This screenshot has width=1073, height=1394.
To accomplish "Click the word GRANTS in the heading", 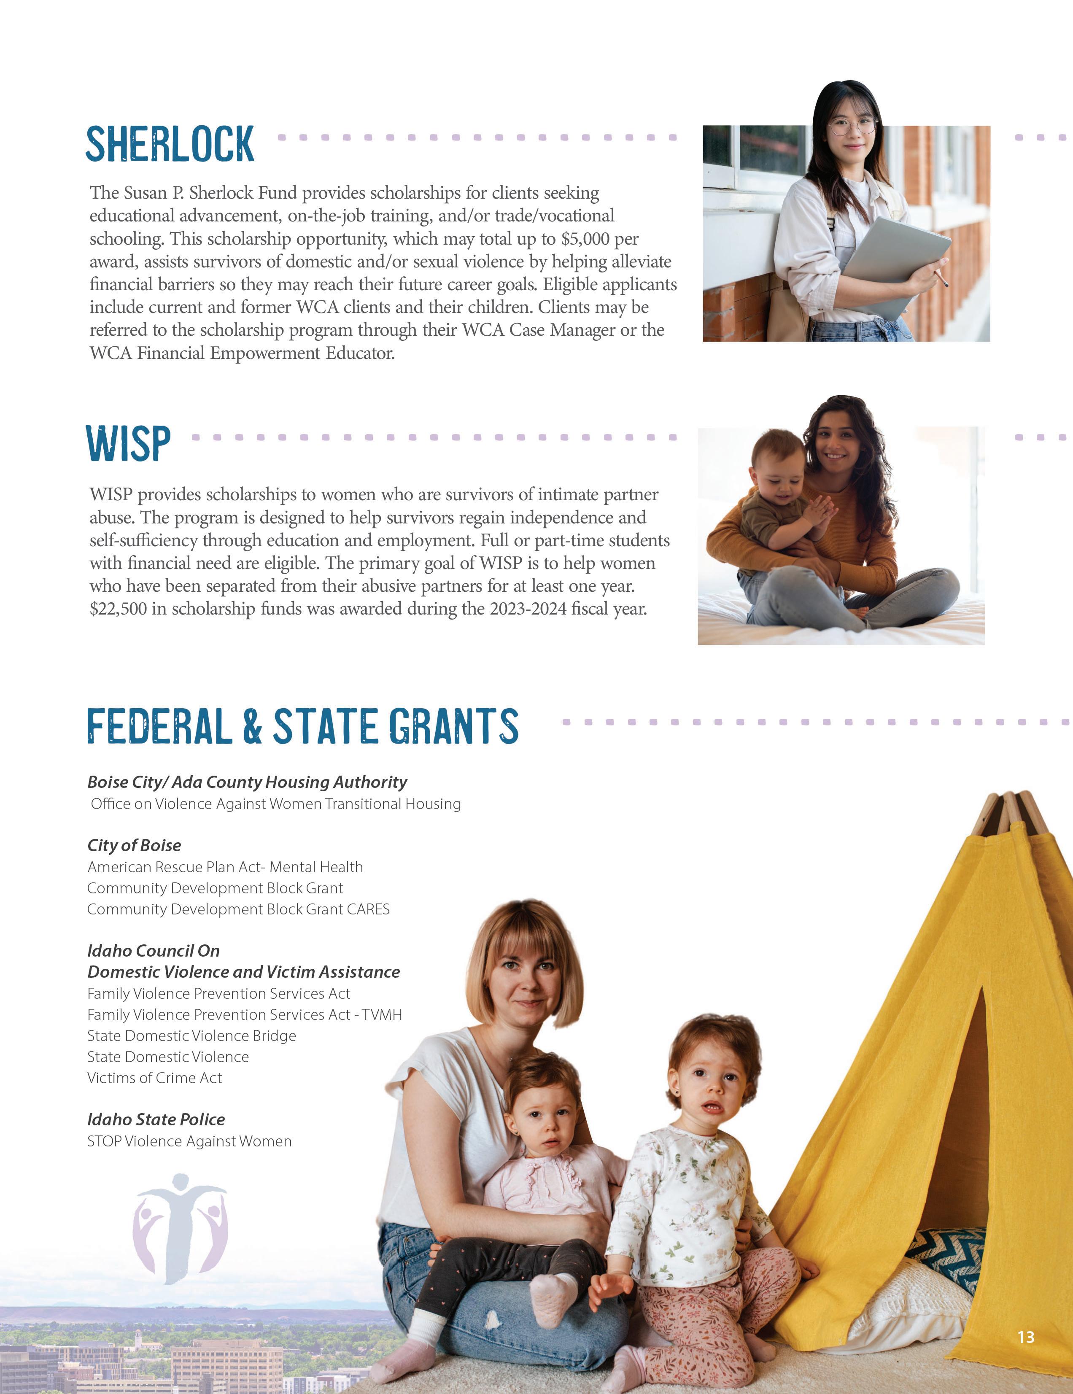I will (x=453, y=726).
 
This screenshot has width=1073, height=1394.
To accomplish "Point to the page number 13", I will (x=1026, y=1337).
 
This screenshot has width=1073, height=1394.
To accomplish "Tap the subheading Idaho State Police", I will (x=156, y=1119).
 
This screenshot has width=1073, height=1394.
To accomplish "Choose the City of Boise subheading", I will (x=134, y=845).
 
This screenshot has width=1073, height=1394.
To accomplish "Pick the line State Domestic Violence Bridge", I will (x=191, y=1035).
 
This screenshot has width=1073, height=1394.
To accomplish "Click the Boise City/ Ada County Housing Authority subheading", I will (x=247, y=782).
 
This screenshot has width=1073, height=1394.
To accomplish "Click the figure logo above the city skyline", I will (x=180, y=1229).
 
